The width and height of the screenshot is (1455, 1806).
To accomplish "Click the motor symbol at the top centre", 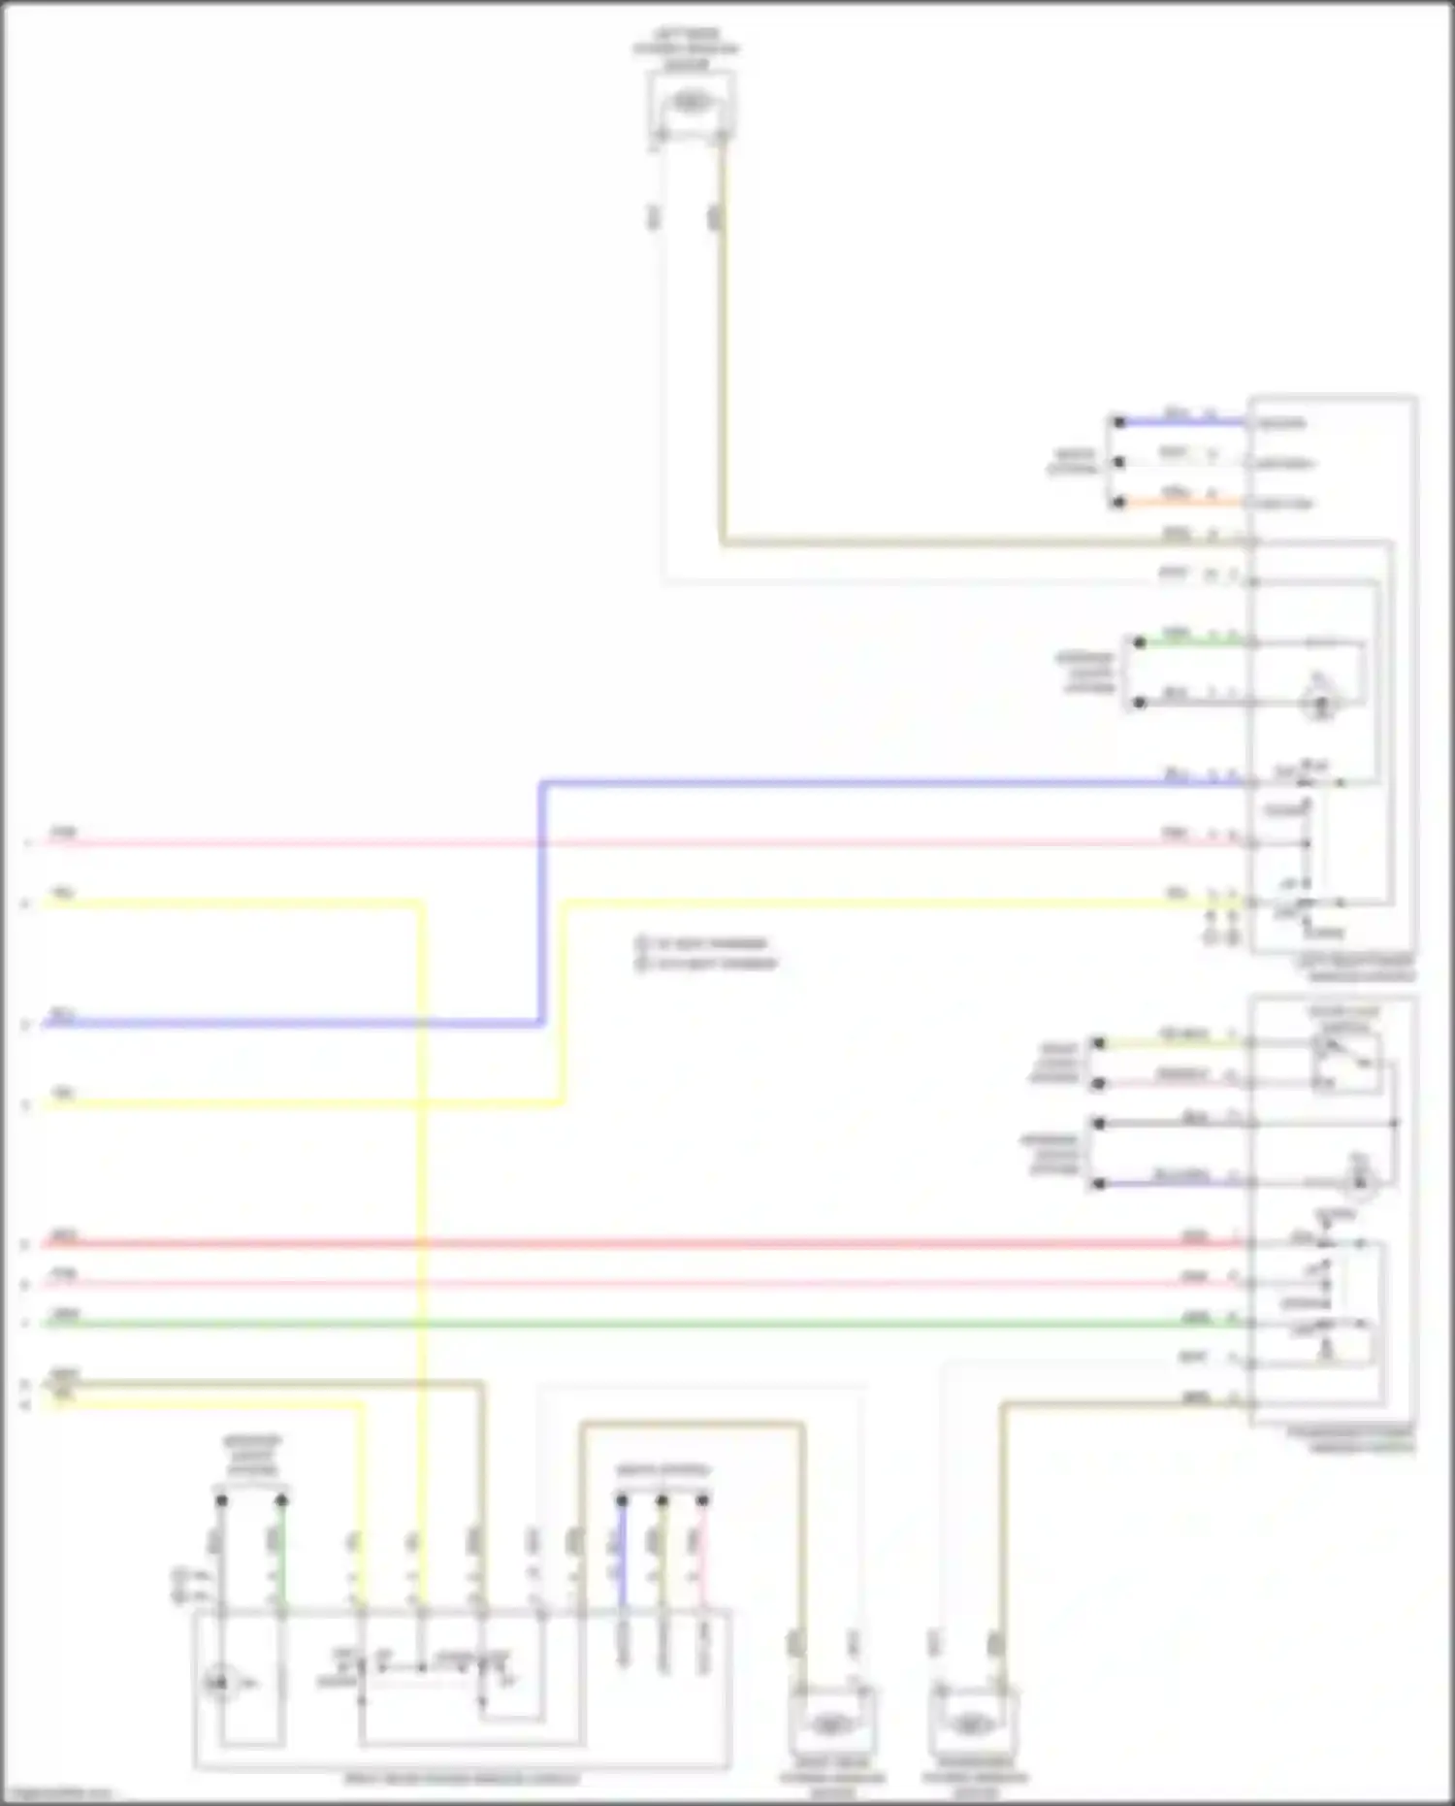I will (x=690, y=102).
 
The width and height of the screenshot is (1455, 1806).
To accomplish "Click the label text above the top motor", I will (x=687, y=49).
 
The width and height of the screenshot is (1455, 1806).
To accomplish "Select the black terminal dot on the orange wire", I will (x=1118, y=503).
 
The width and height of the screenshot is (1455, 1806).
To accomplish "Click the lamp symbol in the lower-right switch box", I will (x=1359, y=1181).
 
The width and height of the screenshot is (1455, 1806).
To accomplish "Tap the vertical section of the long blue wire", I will (x=542, y=903).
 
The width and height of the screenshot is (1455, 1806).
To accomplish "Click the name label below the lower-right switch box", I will (x=1350, y=1440).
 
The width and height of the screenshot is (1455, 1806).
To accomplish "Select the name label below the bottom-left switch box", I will (x=462, y=1780).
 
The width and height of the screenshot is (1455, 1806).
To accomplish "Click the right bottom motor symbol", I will (x=972, y=1724).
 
